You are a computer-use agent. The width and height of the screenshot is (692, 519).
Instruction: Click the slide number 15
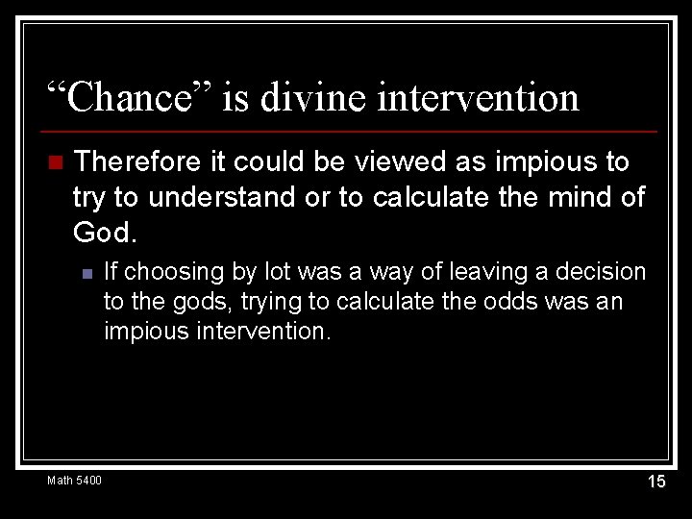click(655, 482)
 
